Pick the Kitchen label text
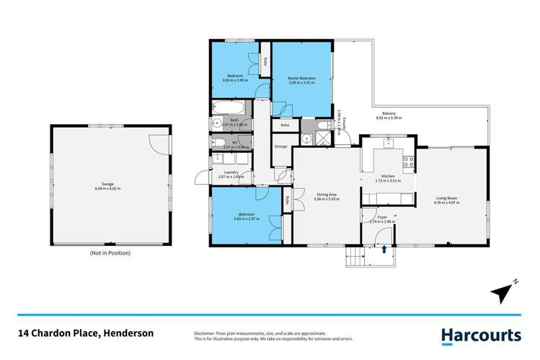[388, 176]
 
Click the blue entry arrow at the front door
[384, 249]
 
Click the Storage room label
[280, 146]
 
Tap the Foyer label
[382, 216]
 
